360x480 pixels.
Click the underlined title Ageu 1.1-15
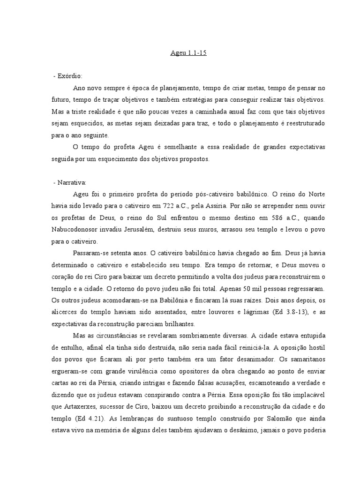pyautogui.click(x=188, y=53)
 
